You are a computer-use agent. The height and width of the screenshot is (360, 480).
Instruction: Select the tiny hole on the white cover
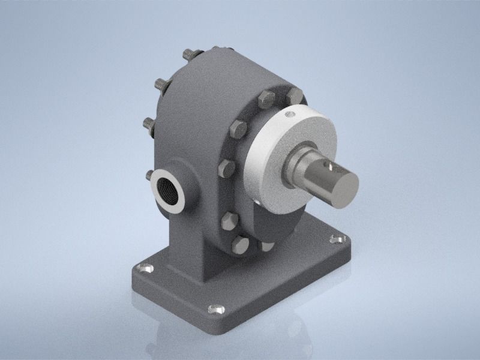(290, 113)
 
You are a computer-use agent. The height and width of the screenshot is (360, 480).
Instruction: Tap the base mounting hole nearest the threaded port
(144, 269)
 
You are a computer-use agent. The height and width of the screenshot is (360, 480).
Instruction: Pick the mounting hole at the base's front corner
(216, 310)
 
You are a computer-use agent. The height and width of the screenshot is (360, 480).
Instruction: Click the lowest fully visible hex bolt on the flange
(240, 244)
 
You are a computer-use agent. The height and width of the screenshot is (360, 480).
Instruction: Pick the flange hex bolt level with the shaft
(227, 167)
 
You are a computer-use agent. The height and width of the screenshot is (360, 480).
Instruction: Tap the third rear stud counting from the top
(148, 124)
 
